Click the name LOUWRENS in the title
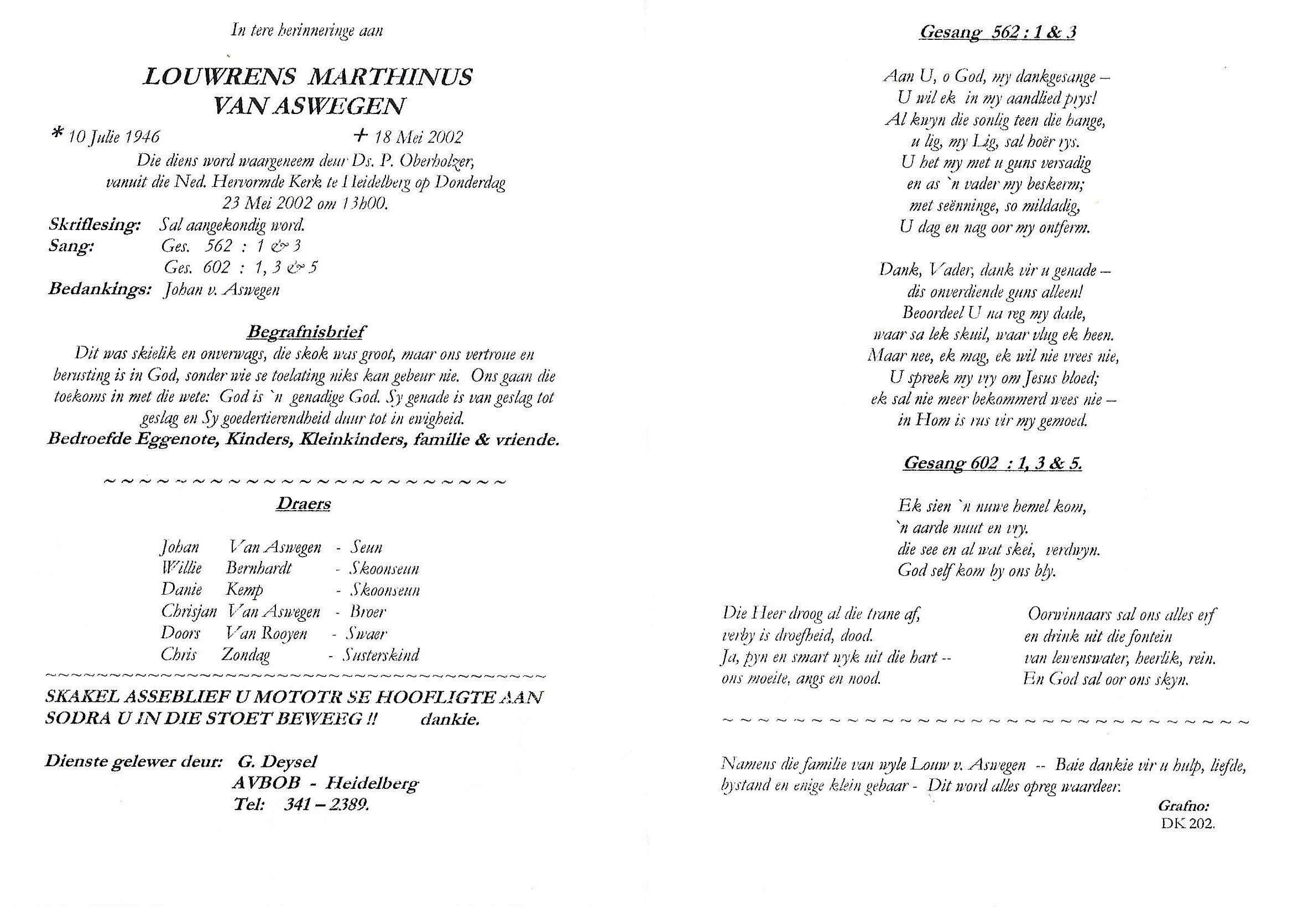[220, 77]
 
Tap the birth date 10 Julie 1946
[114, 137]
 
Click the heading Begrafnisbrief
[306, 332]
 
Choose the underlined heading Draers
[303, 504]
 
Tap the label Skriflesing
[95, 225]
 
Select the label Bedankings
[100, 289]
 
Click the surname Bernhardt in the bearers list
[258, 568]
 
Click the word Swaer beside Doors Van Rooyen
[367, 633]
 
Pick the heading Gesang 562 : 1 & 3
[997, 32]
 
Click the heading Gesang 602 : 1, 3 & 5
[992, 464]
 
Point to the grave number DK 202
[1188, 823]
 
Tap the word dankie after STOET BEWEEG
[450, 720]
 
